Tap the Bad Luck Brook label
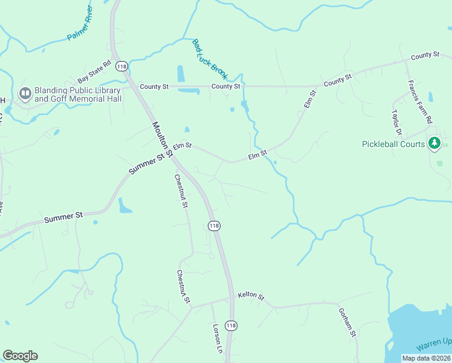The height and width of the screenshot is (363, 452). coord(209,59)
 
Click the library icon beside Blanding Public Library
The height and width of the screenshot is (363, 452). coord(25,93)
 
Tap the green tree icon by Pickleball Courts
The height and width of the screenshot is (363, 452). coord(434,143)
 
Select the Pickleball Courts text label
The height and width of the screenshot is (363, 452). coord(393,144)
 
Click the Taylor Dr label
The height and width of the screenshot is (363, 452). coord(397,122)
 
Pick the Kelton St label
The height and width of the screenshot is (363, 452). coord(251,296)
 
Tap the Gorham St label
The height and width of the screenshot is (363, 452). coord(346,321)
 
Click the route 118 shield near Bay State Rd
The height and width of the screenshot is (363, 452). coord(121,66)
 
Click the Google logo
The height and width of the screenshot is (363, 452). coord(20,356)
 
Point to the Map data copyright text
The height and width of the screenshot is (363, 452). coord(427,358)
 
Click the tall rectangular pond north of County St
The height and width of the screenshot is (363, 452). coord(181,73)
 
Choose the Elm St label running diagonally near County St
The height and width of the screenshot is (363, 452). coord(310,100)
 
